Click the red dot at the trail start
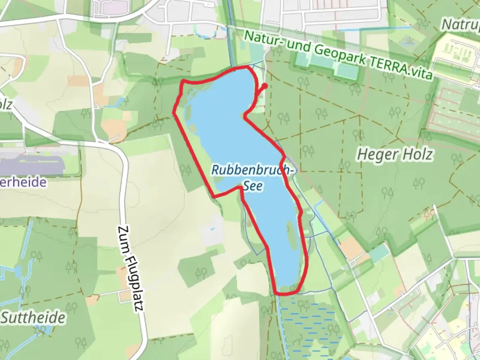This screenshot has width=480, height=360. click(x=265, y=86)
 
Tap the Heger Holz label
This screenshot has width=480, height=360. click(x=395, y=155)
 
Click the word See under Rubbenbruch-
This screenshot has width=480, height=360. click(x=252, y=186)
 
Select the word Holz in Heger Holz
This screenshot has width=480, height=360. click(x=417, y=155)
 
